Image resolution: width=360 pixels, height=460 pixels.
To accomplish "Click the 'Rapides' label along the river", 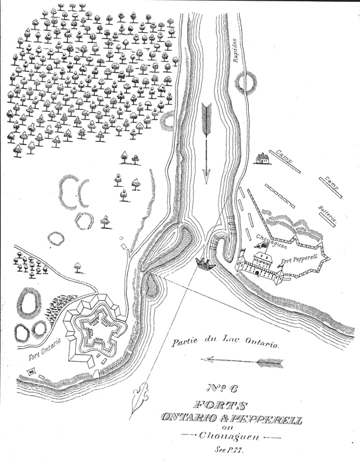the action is pos(236,50).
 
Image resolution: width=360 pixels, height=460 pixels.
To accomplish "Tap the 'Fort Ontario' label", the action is pos(44,349).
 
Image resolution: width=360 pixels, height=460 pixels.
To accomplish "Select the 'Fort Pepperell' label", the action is pos(299,259).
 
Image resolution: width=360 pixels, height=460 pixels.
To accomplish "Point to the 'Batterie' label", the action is pos(327,215).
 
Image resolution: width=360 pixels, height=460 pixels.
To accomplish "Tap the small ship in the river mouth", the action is pos(206,264).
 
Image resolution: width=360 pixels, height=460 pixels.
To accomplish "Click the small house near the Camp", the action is pos(261,159).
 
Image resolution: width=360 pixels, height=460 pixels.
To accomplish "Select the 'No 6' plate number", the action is pos(223,389).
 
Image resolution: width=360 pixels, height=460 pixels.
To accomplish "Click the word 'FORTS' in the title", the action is pos(219,405).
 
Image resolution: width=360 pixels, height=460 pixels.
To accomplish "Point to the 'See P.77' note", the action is pos(231,450).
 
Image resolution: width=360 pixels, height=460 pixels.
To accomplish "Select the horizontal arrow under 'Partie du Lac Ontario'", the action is pos(242,362).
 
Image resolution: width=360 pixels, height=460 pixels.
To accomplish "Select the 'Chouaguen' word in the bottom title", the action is pos(229,436).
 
